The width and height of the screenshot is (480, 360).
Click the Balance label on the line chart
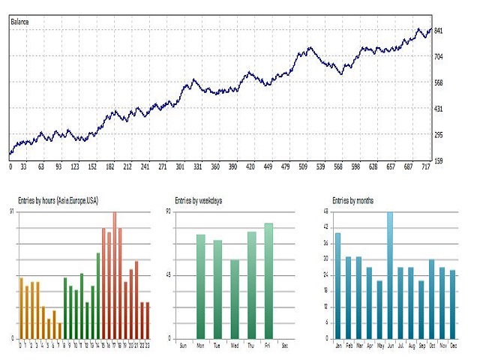pos(20,21)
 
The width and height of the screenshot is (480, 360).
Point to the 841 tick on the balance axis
pos(439,31)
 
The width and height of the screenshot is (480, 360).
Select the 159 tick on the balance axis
pos(439,160)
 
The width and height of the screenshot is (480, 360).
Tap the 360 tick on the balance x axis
pos(214,167)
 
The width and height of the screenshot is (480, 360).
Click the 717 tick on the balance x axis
pos(426,167)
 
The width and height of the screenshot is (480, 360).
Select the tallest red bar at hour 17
pos(115,276)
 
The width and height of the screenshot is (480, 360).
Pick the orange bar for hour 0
pos(21,308)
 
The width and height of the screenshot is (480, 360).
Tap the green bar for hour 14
pos(98,295)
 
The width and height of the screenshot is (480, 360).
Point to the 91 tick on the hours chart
pos(11,212)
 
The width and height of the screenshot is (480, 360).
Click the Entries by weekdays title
pos(199,200)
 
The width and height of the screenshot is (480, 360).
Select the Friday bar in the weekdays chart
pos(268,280)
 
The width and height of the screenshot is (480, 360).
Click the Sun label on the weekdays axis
pos(184,346)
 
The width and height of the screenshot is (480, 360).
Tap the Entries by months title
pos(354,200)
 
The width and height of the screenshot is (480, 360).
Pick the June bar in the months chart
pos(390,275)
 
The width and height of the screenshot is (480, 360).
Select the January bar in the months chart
pos(337,286)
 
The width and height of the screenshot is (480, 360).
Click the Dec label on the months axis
pos(452,346)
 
